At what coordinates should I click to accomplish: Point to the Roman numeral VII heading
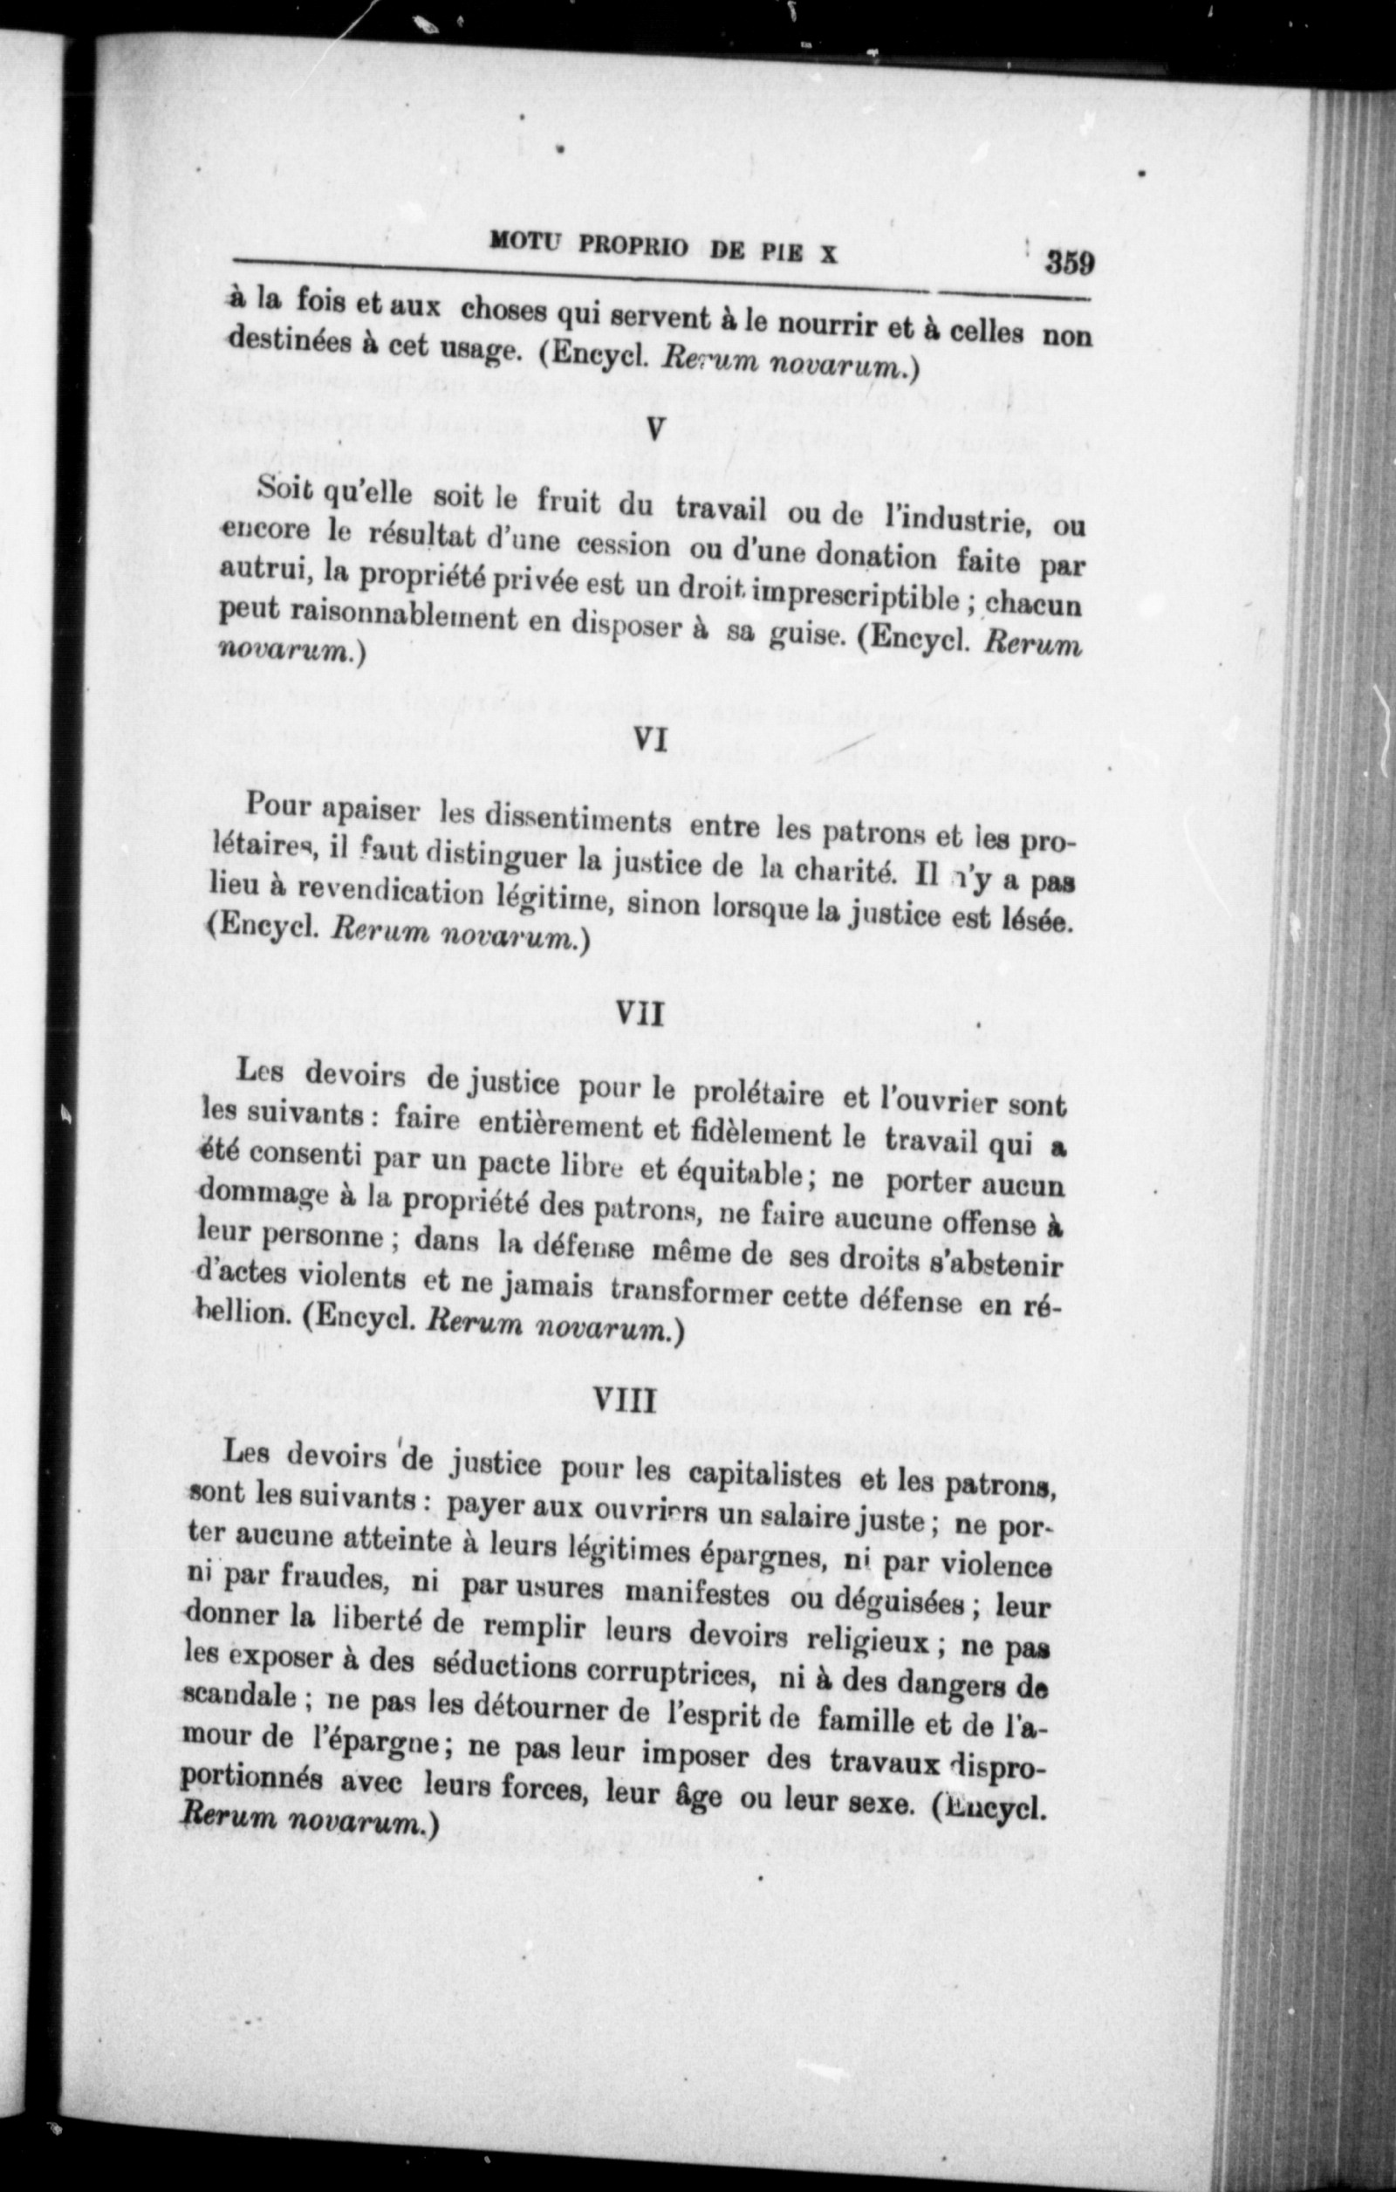pos(640,1012)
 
